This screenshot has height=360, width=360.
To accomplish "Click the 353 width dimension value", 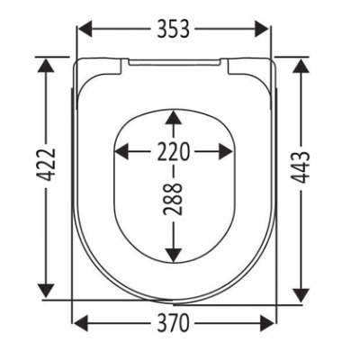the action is point(174,29).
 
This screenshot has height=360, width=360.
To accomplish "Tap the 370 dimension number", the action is point(174,323).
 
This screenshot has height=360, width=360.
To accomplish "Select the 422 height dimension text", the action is point(48,165).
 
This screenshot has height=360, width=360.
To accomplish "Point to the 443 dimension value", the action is point(301,167).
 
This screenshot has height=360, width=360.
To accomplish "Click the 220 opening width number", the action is point(174,151).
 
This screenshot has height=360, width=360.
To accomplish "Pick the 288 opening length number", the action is point(174,199).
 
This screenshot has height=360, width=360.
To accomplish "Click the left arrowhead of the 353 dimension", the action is point(85,29).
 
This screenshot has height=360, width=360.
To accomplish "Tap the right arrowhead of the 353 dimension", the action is point(262,29).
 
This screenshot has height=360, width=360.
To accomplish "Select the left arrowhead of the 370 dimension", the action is point(81,323).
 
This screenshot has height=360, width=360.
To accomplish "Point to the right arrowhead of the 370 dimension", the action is point(266,323).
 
